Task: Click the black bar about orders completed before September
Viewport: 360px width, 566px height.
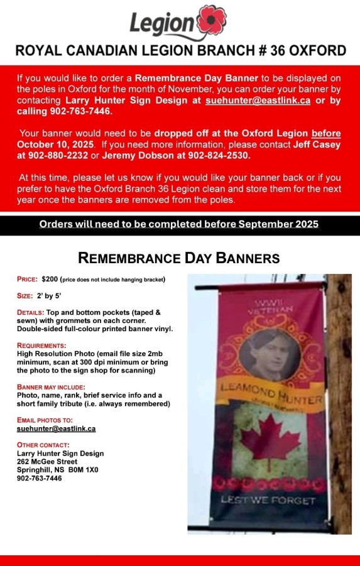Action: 180,224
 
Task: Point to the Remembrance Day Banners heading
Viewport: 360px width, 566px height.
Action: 179,258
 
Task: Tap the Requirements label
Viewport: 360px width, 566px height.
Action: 41,346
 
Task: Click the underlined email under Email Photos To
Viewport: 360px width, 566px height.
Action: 56,428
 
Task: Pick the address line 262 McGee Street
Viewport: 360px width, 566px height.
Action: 47,462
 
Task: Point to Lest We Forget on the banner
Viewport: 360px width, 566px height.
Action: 276,500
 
